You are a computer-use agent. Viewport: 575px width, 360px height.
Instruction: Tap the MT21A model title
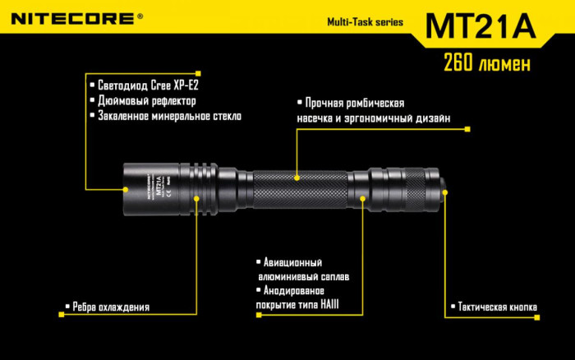coord(480,25)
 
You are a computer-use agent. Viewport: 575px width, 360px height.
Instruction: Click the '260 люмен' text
coord(485,62)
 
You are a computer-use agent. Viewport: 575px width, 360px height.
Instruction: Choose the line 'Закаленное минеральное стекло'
coord(169,117)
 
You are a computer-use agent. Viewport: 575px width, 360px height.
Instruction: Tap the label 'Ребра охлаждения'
coord(111,307)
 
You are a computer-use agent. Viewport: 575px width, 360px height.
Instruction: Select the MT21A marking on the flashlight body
coord(159,182)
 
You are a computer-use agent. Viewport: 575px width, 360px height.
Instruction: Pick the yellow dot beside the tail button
coord(446,194)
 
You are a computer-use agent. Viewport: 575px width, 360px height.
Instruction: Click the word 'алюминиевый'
coord(288,277)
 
